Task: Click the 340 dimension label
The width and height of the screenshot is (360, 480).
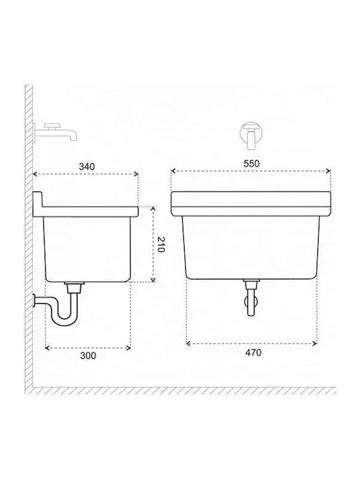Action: (x=87, y=167)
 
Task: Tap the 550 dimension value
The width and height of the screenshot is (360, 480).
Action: (x=251, y=163)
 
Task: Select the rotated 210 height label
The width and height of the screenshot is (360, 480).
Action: (x=161, y=244)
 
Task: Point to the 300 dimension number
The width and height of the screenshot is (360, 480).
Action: (x=88, y=356)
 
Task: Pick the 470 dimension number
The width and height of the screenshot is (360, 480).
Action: (x=253, y=353)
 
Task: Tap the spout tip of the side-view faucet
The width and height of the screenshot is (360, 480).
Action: (x=73, y=139)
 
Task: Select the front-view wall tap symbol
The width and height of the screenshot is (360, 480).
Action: (x=251, y=135)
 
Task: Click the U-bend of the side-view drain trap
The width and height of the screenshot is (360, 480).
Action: (x=64, y=320)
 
